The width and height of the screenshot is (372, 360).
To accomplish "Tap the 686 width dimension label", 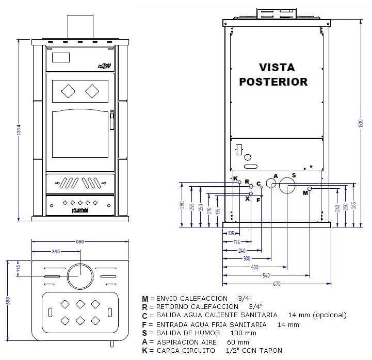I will pos(79,241).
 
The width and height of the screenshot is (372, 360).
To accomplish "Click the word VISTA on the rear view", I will pos(277,68).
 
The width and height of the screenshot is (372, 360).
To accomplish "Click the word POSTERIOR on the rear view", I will pos(273,81).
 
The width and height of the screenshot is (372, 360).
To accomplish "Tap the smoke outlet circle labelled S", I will pos(287,188).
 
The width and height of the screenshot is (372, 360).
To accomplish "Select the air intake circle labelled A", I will pos(271,184).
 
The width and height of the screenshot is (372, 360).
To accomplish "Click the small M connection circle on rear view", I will pos(310,189).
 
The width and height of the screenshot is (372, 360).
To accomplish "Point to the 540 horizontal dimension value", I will pos(266,276).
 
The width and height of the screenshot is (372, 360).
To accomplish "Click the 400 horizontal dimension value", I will pos(254,267).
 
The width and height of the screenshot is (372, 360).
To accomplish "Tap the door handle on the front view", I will pos(111,121).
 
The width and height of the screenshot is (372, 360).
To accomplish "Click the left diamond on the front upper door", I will pos(68,91).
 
